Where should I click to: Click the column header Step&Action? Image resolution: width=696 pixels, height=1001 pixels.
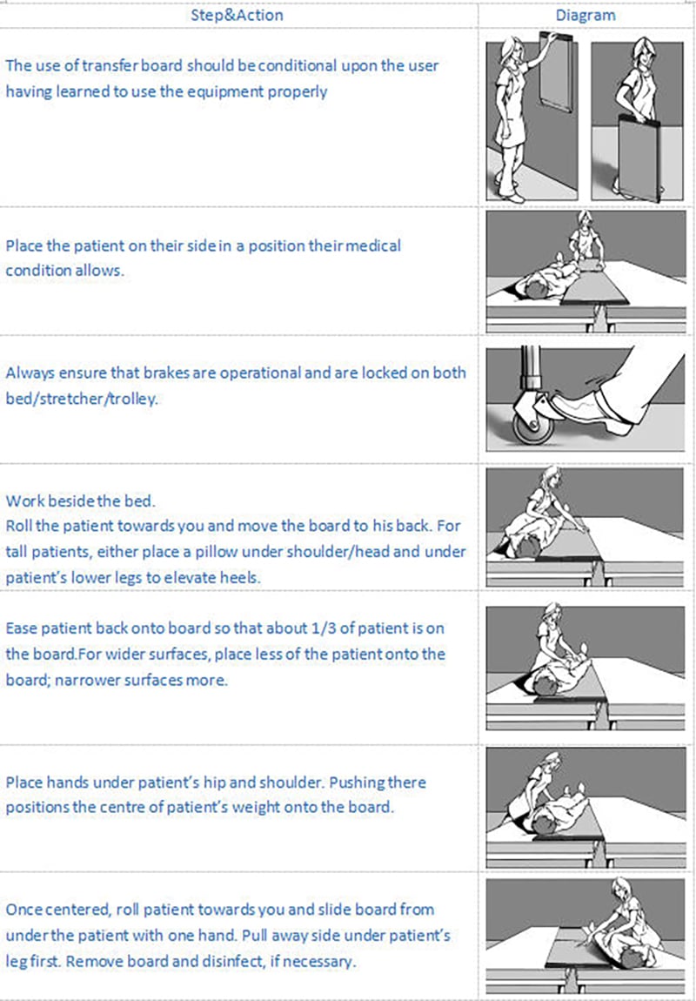[x=237, y=15]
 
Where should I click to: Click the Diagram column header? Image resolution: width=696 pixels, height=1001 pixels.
[x=586, y=15]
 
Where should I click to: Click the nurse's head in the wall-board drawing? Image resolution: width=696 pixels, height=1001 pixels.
[x=510, y=50]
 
